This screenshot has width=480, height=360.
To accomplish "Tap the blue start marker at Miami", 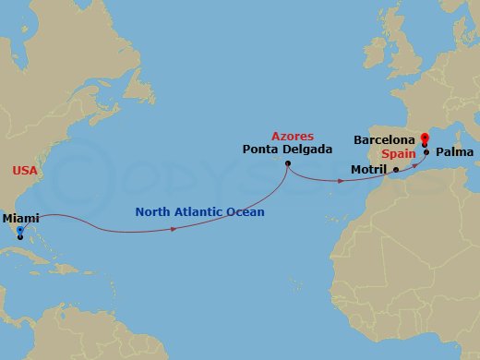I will (20, 234).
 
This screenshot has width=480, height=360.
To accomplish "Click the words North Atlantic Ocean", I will (199, 212).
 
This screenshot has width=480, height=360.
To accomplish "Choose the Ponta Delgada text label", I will (287, 148).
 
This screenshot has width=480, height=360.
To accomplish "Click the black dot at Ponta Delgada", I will (288, 164).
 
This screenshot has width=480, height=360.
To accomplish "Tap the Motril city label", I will (370, 170).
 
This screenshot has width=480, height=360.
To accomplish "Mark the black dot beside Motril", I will (396, 170).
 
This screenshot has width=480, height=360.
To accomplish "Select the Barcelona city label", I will (383, 139).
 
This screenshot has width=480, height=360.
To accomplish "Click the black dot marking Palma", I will (426, 152).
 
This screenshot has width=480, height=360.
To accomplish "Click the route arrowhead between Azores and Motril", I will (342, 180).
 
